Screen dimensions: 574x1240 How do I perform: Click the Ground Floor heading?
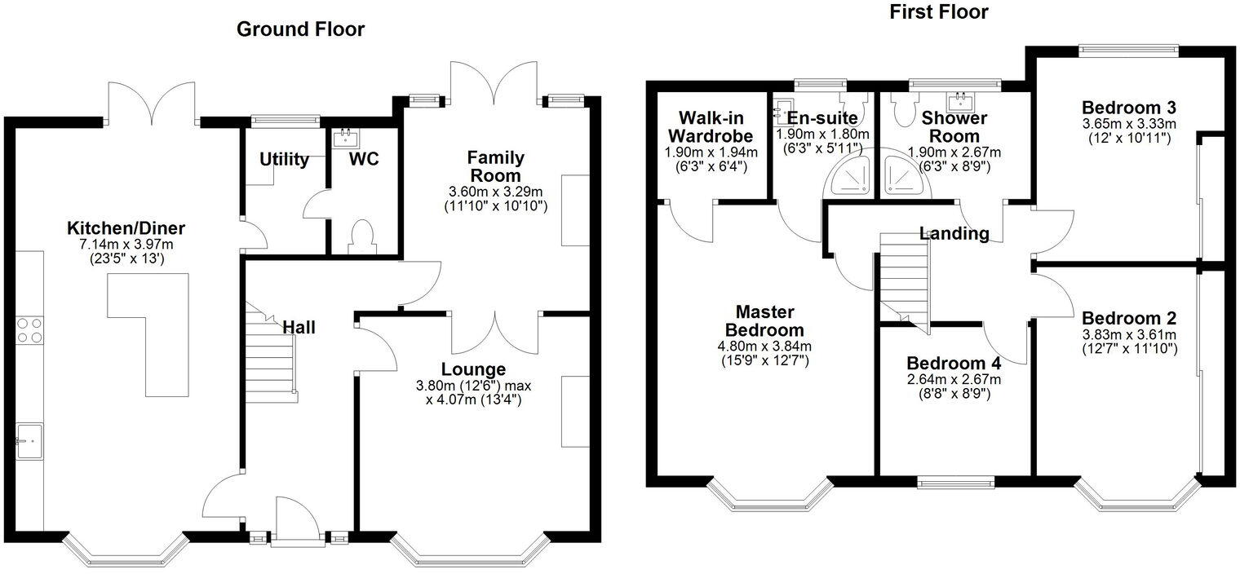coord(300,29)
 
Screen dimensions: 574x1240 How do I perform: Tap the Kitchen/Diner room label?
coord(126,227)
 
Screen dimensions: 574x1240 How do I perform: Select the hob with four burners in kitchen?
coord(29,329)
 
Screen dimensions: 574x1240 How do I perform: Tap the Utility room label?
coord(284,159)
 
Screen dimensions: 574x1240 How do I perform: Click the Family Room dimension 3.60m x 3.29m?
coord(496,192)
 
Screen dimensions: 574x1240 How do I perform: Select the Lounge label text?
coord(473,369)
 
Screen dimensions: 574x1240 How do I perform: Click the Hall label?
coord(299,328)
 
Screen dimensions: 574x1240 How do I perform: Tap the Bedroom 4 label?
coord(954,363)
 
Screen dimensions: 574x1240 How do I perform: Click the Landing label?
coord(954,234)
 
